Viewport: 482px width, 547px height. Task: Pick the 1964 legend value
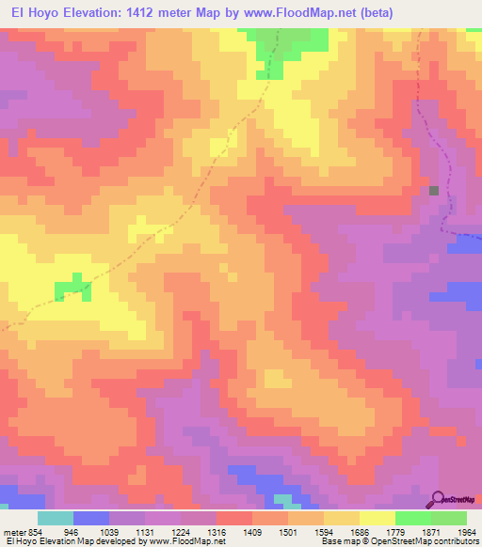pyautogui.click(x=468, y=530)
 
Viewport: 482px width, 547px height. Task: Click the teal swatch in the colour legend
pyautogui.click(x=56, y=518)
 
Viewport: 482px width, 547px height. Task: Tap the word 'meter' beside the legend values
pyautogui.click(x=12, y=530)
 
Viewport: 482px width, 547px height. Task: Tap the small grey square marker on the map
pyautogui.click(x=434, y=190)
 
